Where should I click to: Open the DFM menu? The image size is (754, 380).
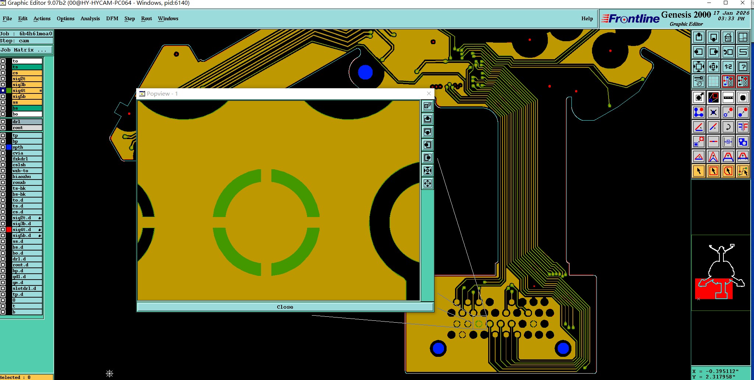[x=112, y=18]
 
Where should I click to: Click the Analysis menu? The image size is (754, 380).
[x=90, y=18]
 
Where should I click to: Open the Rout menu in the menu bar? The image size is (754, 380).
[x=147, y=18]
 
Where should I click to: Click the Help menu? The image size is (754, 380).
[x=587, y=18]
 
